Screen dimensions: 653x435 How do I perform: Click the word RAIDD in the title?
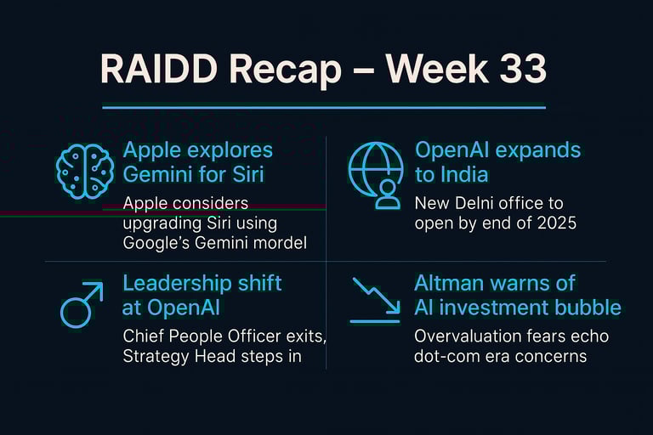coord(159,68)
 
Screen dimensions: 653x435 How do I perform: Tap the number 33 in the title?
coord(523,68)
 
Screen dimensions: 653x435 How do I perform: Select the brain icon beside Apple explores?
coord(85,171)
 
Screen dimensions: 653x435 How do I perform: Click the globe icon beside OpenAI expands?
coord(376,175)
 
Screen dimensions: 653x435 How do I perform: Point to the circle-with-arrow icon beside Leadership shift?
coord(82,305)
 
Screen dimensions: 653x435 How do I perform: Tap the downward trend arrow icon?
coord(376,300)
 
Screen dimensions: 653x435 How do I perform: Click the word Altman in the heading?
coord(447,283)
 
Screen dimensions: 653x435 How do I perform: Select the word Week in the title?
coord(436,68)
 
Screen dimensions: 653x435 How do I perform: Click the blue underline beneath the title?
coord(324,107)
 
